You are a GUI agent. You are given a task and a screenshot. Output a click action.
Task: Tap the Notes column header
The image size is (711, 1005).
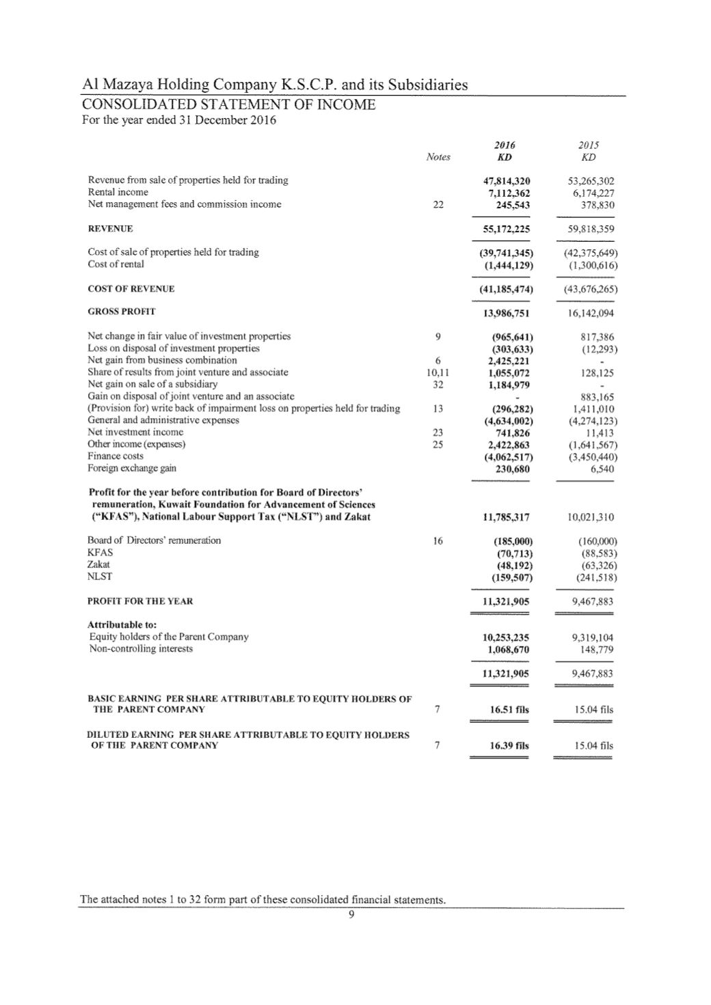438,157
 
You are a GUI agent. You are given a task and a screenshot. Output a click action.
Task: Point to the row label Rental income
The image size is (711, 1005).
118,192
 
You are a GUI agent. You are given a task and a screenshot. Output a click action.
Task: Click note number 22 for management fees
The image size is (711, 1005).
438,204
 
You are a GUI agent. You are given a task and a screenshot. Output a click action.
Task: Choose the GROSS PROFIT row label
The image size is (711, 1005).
121,312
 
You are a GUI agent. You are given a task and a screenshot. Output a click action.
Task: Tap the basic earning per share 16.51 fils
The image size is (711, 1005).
509,710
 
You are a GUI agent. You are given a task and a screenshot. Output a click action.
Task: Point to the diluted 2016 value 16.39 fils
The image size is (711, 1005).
509,745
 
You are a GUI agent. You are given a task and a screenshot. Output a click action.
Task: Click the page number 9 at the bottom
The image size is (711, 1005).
351,917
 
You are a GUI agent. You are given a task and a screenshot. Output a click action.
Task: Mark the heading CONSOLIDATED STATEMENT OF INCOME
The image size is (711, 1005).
228,105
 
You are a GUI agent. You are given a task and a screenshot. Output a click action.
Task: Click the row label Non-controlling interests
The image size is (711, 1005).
141,648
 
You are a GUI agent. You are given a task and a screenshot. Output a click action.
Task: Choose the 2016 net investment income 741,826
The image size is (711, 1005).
511,432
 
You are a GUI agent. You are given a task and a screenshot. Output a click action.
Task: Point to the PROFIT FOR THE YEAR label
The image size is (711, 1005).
140,601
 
